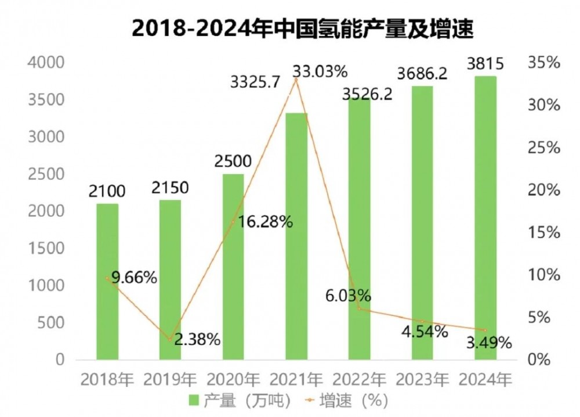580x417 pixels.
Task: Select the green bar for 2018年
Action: coord(107,282)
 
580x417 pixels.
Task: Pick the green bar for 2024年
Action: coord(485,218)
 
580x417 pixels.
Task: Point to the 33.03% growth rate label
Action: coord(320,72)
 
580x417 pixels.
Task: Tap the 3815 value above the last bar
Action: coord(485,64)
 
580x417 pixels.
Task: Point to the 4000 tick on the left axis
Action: coord(46,63)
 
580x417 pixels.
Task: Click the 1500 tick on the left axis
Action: coord(46,249)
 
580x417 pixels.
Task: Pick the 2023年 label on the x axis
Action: coord(422,380)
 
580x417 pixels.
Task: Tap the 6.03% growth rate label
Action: coord(348,294)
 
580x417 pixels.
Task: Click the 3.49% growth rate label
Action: coord(489,343)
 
